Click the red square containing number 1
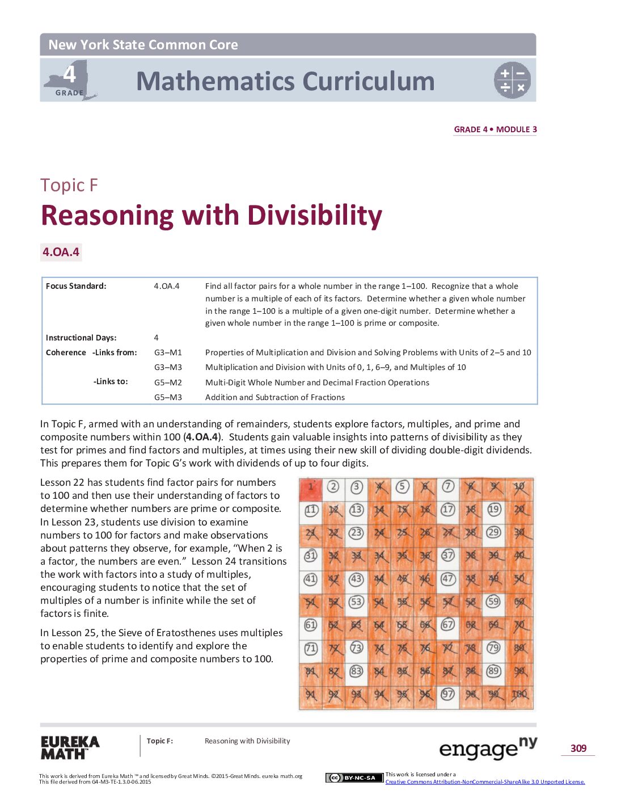pyautogui.click(x=311, y=489)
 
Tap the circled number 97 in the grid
pyautogui.click(x=447, y=694)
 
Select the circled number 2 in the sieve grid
pyautogui.click(x=333, y=487)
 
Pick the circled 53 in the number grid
pyautogui.click(x=356, y=602)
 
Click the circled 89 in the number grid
pyautogui.click(x=493, y=671)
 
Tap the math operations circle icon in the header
pyautogui.click(x=512, y=80)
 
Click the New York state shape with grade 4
pyautogui.click(x=70, y=80)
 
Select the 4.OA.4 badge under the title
pyautogui.click(x=61, y=252)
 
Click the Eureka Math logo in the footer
pyautogui.click(x=70, y=747)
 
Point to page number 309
pyautogui.click(x=578, y=748)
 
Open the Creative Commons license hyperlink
pyautogui.click(x=485, y=782)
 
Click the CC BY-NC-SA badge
pyautogui.click(x=354, y=777)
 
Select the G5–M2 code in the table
pyautogui.click(x=168, y=382)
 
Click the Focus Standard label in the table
pyautogui.click(x=76, y=286)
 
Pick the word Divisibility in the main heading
pyautogui.click(x=315, y=216)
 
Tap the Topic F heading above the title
pyautogui.click(x=69, y=185)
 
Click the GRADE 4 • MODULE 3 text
pyautogui.click(x=496, y=129)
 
